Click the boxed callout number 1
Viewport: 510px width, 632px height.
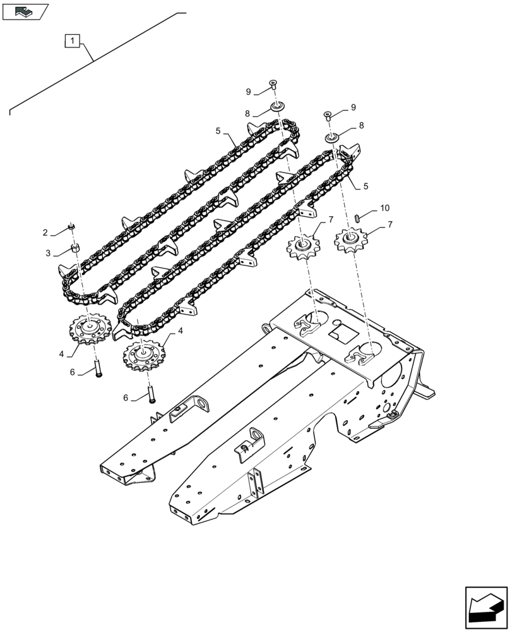pyautogui.click(x=73, y=42)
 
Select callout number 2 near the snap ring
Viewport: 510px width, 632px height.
pyautogui.click(x=45, y=233)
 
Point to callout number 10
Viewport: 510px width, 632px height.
pyautogui.click(x=384, y=208)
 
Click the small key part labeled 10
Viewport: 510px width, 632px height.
pyautogui.click(x=358, y=217)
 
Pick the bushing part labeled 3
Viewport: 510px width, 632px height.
pyautogui.click(x=74, y=248)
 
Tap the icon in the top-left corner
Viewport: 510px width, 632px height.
pyautogui.click(x=25, y=11)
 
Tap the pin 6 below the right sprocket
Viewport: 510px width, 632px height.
pyautogui.click(x=151, y=393)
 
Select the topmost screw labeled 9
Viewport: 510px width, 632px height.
pyautogui.click(x=273, y=84)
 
